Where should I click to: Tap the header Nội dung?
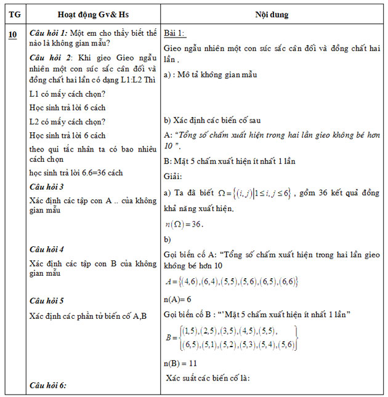click(x=272, y=14)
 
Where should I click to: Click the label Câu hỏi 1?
click(x=49, y=33)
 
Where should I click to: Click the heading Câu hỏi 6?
click(x=48, y=385)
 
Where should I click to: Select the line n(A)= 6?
click(x=179, y=299)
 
